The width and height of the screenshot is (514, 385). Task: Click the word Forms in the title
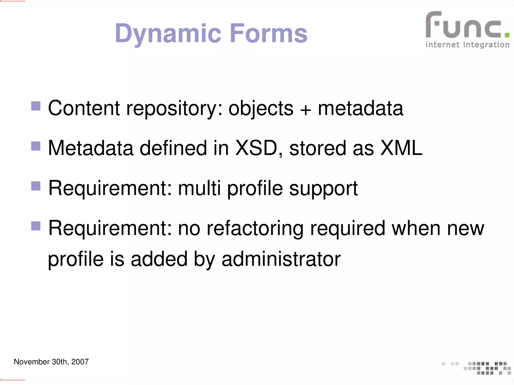tap(268, 33)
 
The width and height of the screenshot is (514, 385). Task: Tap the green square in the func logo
tap(507, 35)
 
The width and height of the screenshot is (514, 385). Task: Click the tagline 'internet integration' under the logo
tap(467, 45)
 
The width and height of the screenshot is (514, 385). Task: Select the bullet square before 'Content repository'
tap(36, 106)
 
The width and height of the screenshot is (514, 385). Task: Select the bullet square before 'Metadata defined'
tap(36, 146)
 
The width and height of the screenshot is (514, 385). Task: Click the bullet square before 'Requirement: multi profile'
tap(36, 186)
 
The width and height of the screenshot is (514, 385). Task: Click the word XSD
tap(256, 148)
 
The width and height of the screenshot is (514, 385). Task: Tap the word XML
tap(401, 148)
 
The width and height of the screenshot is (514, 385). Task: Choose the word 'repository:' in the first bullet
tap(174, 108)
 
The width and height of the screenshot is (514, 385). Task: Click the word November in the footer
tap(32, 362)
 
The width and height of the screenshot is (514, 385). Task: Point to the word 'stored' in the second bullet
tap(318, 148)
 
